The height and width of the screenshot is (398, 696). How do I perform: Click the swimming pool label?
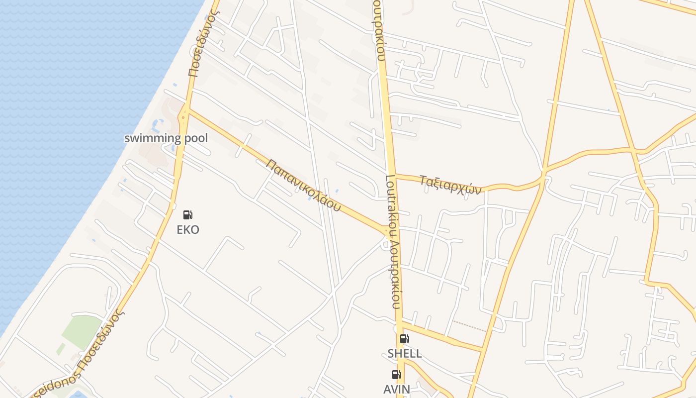166,138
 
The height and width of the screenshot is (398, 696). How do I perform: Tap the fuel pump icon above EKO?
188,215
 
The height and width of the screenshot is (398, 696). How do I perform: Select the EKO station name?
188,229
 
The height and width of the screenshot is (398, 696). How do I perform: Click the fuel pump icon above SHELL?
405,339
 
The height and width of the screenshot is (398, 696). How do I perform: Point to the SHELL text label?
405,354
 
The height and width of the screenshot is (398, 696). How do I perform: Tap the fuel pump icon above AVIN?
396,375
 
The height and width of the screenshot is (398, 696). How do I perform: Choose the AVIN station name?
397,389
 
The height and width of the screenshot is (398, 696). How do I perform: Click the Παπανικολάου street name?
304,185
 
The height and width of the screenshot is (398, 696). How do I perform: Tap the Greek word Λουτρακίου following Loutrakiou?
396,271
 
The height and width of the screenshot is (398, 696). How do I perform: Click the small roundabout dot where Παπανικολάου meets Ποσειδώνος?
184,116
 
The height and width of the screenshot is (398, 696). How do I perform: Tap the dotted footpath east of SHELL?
469,326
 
